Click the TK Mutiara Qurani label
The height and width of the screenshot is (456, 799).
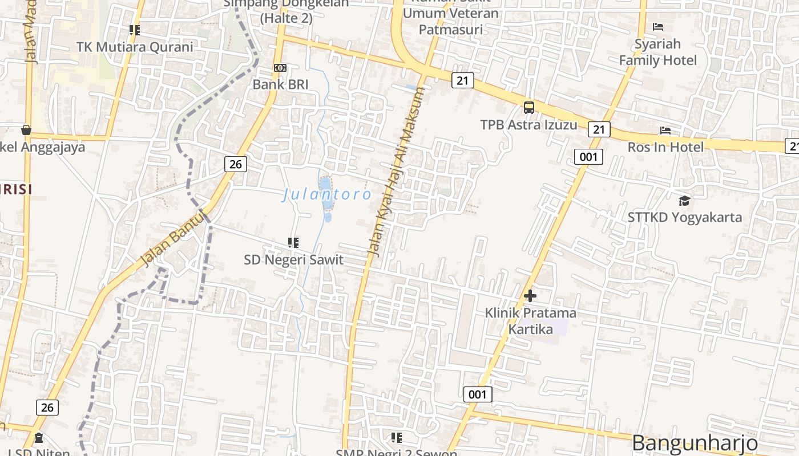tap(135, 47)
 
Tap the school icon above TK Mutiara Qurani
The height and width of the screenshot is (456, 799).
tap(135, 30)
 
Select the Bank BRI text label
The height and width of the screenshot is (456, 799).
tap(280, 84)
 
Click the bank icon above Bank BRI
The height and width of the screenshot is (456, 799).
tap(280, 68)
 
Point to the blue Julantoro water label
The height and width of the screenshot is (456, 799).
tap(327, 195)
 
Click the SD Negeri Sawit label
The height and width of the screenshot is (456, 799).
tap(293, 260)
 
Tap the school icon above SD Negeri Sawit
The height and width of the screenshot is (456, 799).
tap(293, 243)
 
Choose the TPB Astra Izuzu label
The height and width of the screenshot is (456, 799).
tap(528, 124)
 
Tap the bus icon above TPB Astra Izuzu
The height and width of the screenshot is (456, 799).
tap(529, 107)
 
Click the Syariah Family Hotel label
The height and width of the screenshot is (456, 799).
tap(658, 52)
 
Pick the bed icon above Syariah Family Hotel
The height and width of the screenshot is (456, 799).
tap(658, 26)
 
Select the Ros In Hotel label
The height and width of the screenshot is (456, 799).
tap(665, 147)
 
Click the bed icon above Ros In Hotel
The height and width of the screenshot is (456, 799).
tap(665, 131)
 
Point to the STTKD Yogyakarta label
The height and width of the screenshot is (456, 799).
tap(684, 217)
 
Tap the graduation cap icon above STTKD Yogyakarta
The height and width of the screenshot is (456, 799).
tap(684, 201)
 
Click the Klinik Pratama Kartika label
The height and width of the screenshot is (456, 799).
tap(530, 321)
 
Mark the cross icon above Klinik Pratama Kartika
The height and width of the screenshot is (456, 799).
tap(530, 296)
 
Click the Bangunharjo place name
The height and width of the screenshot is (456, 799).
tap(695, 443)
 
